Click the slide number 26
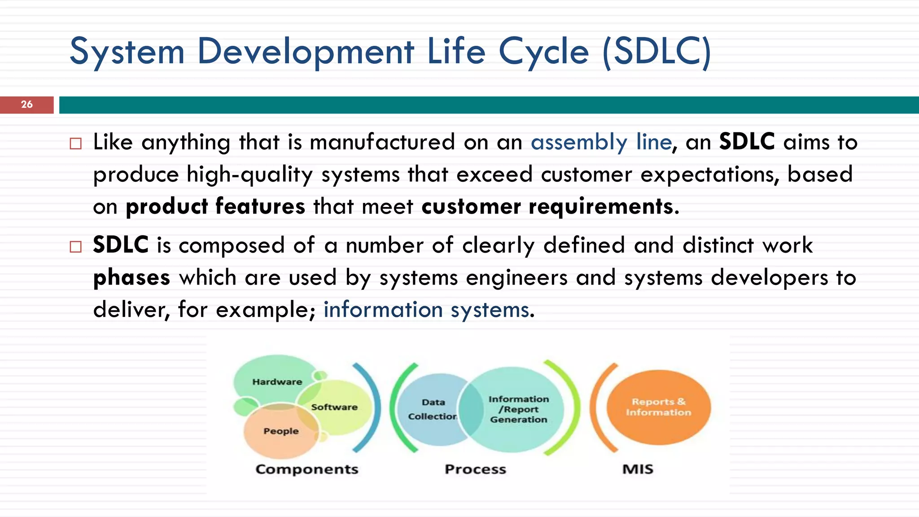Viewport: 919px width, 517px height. (x=26, y=105)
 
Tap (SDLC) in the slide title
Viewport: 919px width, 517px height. (x=657, y=52)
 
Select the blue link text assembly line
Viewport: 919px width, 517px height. (x=601, y=143)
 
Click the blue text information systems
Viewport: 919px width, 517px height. (x=426, y=310)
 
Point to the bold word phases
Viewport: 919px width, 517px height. (x=131, y=278)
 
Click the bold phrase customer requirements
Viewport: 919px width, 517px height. (x=547, y=207)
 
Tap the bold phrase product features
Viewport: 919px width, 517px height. (x=215, y=207)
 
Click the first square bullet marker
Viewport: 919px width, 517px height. (x=76, y=144)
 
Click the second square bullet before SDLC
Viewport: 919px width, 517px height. (x=76, y=247)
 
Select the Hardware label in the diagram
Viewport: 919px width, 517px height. (x=277, y=382)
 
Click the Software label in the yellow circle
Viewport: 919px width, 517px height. (x=334, y=407)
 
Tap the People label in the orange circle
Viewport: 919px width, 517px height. (x=281, y=431)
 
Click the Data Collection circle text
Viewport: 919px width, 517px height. (x=433, y=409)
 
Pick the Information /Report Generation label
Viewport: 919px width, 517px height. (x=518, y=409)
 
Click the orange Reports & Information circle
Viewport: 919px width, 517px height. (x=658, y=407)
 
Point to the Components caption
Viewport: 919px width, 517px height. (x=307, y=469)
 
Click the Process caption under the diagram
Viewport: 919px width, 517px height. (x=475, y=469)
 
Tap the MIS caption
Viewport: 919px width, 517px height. (x=638, y=469)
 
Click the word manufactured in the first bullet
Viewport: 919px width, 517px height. (x=382, y=143)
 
